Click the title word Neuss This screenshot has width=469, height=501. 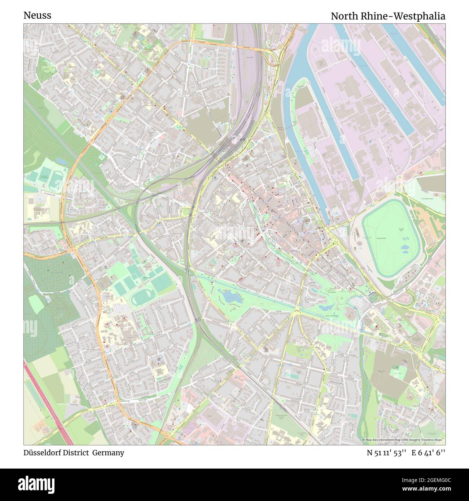click(37, 15)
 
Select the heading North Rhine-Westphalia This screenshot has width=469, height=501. click(388, 16)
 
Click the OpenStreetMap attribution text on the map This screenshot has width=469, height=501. click(403, 440)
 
